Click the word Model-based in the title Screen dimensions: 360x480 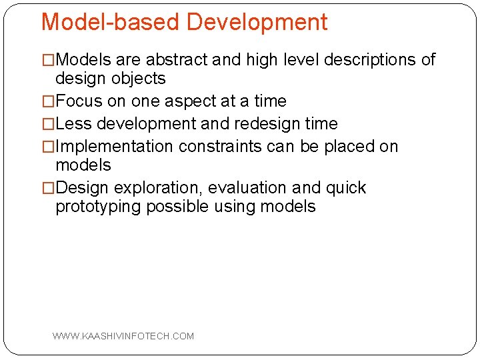tap(111, 22)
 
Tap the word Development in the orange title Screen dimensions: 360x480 tap(257, 22)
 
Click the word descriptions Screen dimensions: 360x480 tap(369, 60)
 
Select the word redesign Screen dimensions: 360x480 tap(263, 124)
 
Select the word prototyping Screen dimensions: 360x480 tap(98, 207)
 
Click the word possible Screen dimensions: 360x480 tap(177, 207)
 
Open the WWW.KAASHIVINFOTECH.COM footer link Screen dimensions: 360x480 tap(123, 336)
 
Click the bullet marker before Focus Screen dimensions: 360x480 tap(47, 101)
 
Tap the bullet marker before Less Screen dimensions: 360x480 tap(47, 124)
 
